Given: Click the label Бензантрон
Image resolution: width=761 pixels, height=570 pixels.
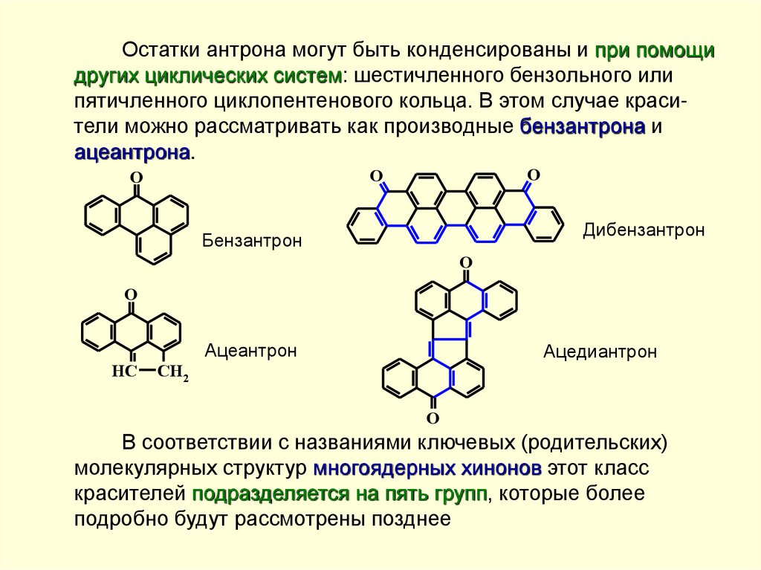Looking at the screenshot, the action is [252, 242].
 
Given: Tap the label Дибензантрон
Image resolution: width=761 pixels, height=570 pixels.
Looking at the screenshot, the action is [644, 230].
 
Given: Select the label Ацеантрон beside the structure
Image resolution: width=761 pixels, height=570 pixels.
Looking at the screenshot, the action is [251, 350].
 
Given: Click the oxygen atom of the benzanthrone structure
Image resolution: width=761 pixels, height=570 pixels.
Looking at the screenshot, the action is [135, 178].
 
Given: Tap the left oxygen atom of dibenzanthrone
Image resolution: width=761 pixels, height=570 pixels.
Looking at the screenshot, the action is [376, 176].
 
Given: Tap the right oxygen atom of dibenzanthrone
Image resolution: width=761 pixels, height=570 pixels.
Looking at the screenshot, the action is [532, 175].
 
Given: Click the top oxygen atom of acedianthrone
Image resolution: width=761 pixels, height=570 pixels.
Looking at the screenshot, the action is [466, 263].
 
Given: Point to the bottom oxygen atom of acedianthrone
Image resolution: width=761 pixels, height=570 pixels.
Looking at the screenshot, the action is [433, 418].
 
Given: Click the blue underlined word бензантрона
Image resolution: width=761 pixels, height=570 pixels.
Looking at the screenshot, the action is [582, 126].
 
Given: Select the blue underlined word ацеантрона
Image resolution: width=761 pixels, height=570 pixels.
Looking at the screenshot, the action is [132, 152].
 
